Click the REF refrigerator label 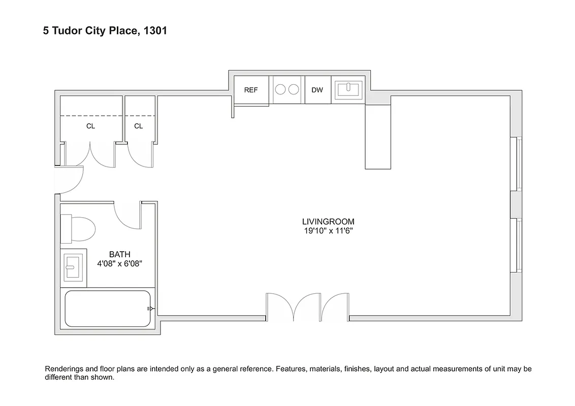click(x=251, y=90)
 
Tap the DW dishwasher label click(x=317, y=90)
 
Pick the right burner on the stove click(x=294, y=90)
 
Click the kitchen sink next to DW click(x=348, y=89)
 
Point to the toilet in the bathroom click(x=79, y=229)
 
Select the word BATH click(x=120, y=254)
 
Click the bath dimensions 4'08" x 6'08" click(x=120, y=263)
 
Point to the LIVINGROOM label click(x=328, y=222)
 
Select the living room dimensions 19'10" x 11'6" click(x=328, y=231)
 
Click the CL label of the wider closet click(x=90, y=126)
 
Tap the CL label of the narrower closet click(x=139, y=126)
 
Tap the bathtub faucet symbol click(x=150, y=308)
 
